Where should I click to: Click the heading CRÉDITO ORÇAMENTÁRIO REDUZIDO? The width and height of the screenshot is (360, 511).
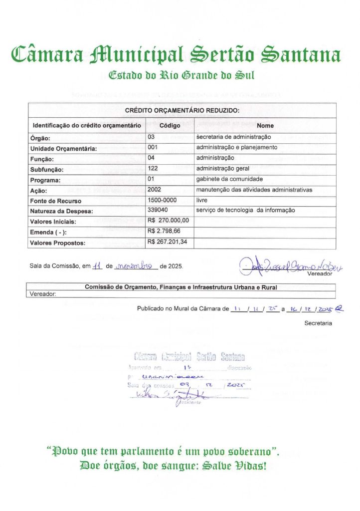(x=182, y=110)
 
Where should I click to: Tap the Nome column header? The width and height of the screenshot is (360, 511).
(x=265, y=126)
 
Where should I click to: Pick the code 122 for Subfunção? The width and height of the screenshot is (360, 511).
(x=153, y=169)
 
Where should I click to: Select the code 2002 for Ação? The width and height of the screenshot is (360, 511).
(x=155, y=190)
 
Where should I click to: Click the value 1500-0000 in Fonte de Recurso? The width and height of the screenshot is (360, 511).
(x=163, y=200)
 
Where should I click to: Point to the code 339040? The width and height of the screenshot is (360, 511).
(x=158, y=211)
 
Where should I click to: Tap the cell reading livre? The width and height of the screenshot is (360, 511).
(x=201, y=200)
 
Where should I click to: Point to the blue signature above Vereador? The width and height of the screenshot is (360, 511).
(x=292, y=265)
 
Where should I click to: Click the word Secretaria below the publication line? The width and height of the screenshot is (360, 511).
(x=318, y=323)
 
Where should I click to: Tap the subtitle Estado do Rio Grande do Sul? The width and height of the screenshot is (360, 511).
(x=181, y=76)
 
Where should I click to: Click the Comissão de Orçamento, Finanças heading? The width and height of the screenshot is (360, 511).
(x=181, y=287)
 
